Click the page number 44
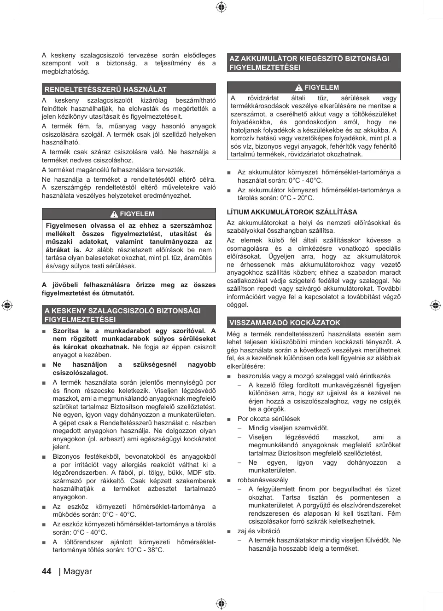tap(47, 571)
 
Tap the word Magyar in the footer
tap(77, 571)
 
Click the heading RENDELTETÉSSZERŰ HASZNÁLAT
tap(105, 89)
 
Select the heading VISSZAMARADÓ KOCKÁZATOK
tap(285, 323)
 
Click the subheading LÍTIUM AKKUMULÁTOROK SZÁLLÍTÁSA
tap(292, 212)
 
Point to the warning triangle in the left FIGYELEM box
tap(114, 214)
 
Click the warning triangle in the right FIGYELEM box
tap(299, 87)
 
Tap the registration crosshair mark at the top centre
tap(221, 7)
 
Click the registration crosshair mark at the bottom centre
tap(221, 603)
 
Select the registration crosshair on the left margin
tap(7, 305)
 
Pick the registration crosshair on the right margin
tap(435, 305)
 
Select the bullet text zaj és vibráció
tap(258, 531)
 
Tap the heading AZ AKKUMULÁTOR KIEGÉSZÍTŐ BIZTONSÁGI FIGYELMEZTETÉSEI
tap(309, 63)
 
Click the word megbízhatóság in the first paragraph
tap(65, 71)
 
